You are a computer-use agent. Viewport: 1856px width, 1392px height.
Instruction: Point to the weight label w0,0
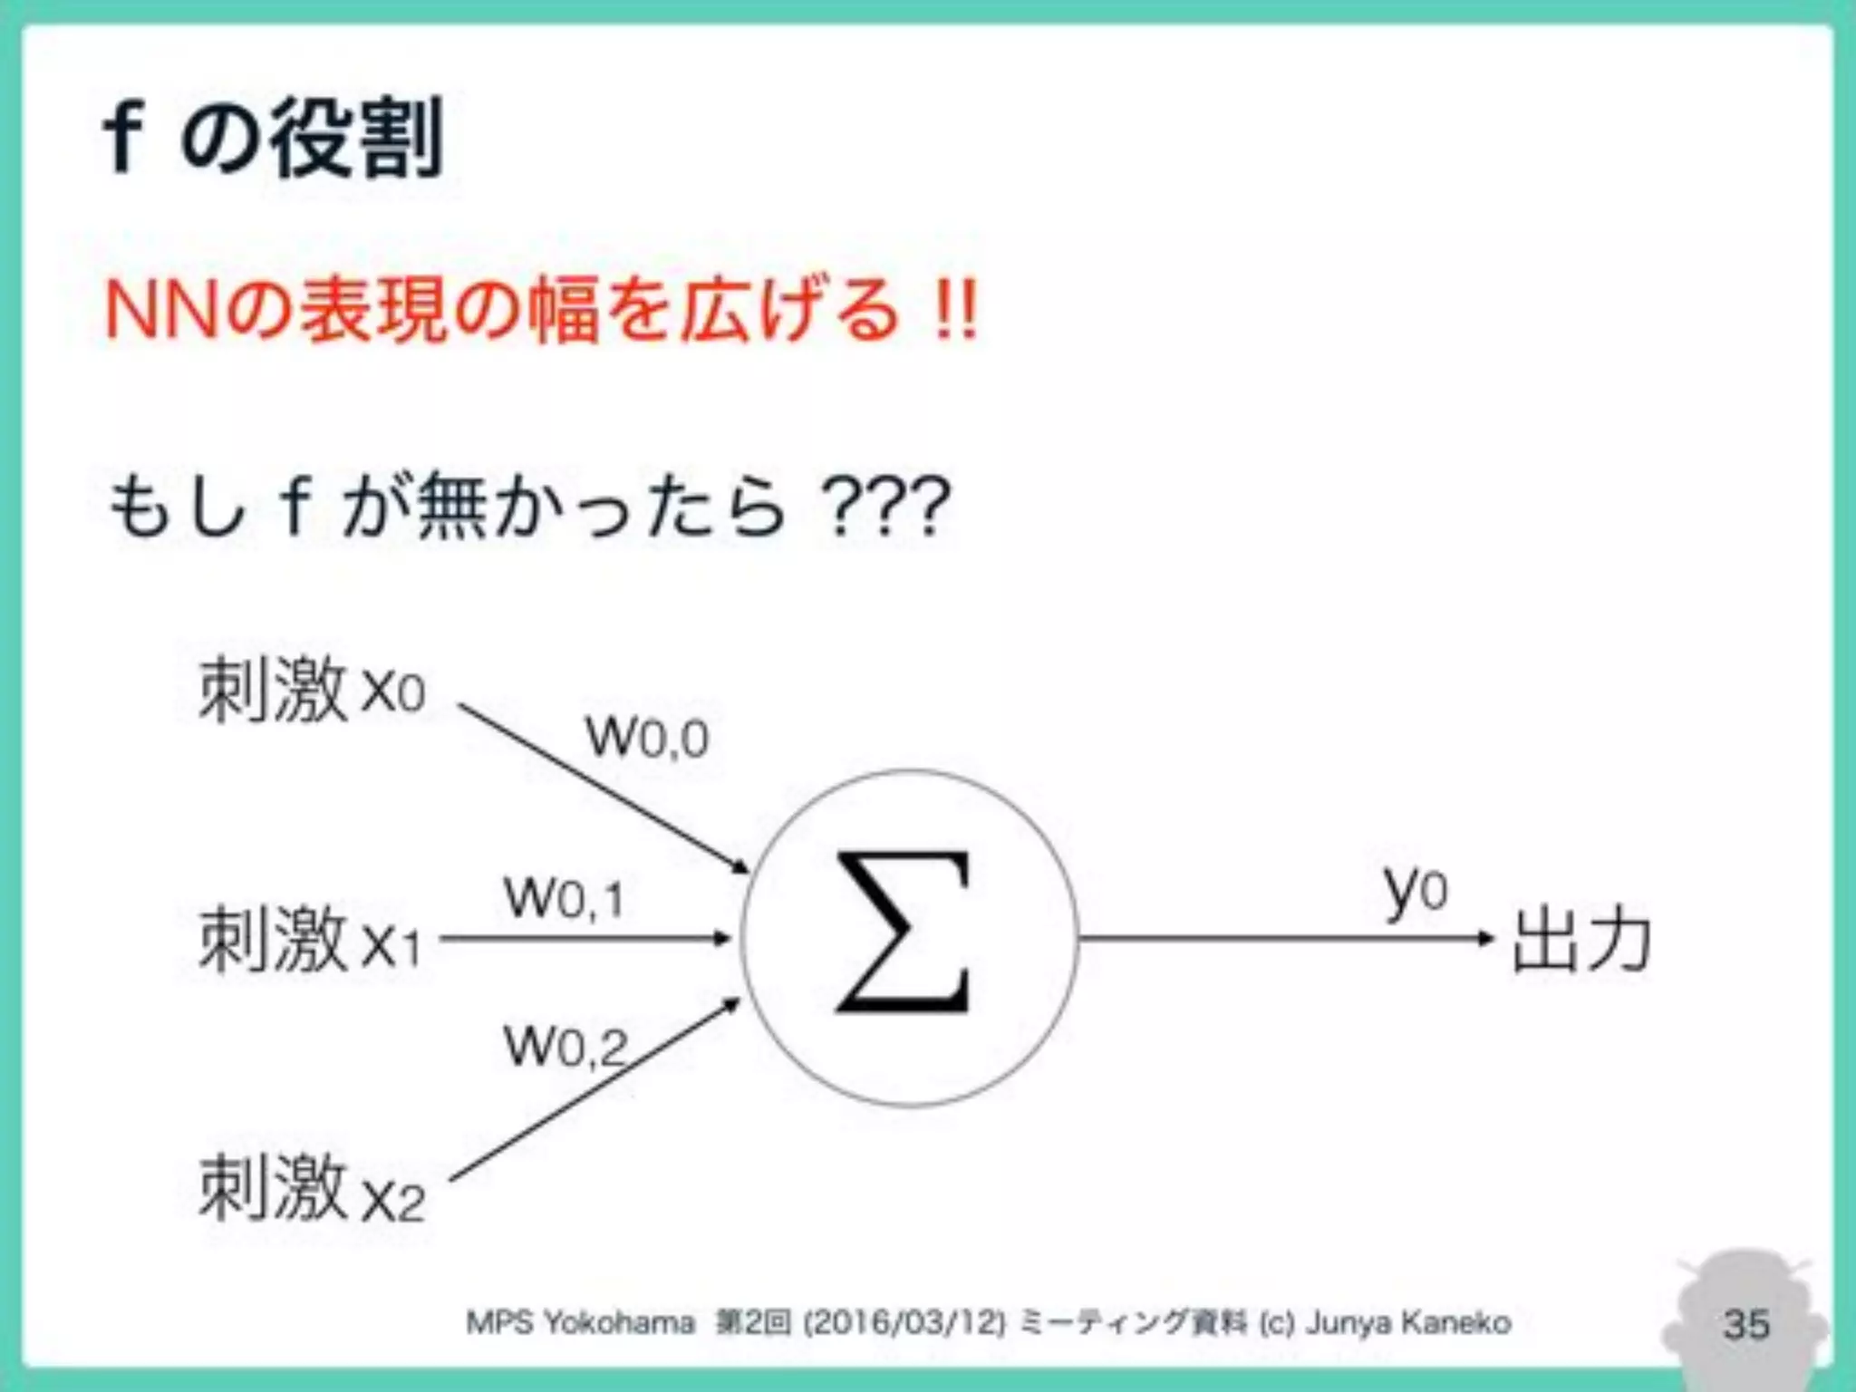[x=647, y=736]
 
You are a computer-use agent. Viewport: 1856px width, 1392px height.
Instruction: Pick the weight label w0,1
[x=564, y=899]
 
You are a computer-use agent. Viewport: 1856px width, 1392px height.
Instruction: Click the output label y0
[x=1415, y=890]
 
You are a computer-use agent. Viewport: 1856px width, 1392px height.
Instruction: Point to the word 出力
[x=1581, y=940]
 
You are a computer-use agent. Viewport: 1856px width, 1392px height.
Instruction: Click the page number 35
[x=1746, y=1324]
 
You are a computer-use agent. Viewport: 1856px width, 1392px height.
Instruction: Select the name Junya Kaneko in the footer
[x=1408, y=1323]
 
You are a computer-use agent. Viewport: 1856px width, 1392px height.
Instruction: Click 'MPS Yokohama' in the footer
[x=580, y=1323]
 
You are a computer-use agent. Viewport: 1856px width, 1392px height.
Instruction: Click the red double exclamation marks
[x=957, y=311]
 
